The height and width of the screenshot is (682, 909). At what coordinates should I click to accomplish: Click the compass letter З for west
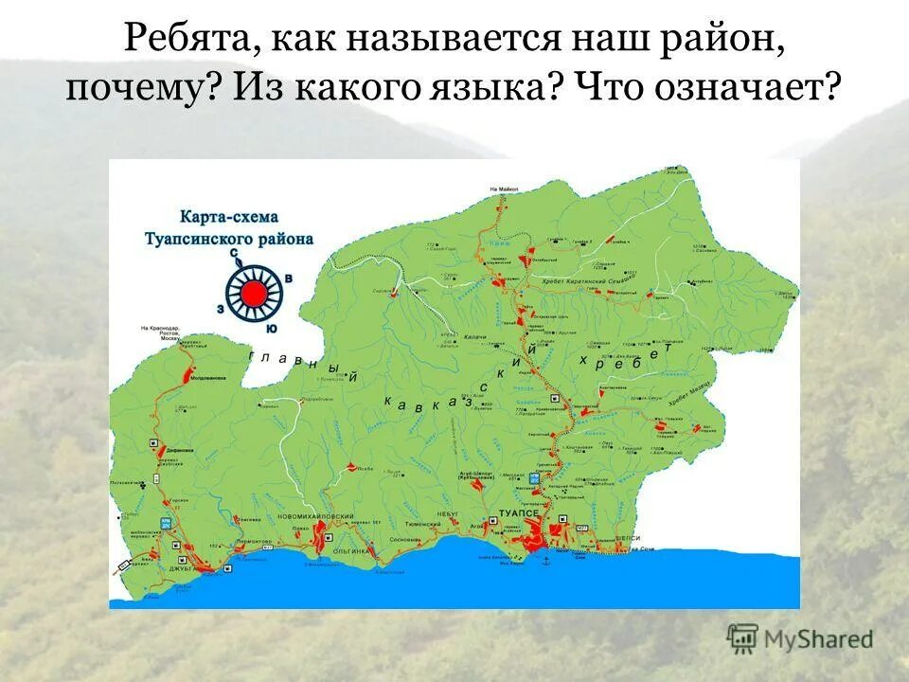[x=221, y=308]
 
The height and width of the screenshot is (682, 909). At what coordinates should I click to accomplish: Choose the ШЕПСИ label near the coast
[x=629, y=537]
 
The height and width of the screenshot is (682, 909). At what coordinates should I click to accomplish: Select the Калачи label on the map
[x=474, y=337]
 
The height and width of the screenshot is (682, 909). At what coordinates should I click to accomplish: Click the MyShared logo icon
[x=742, y=638]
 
